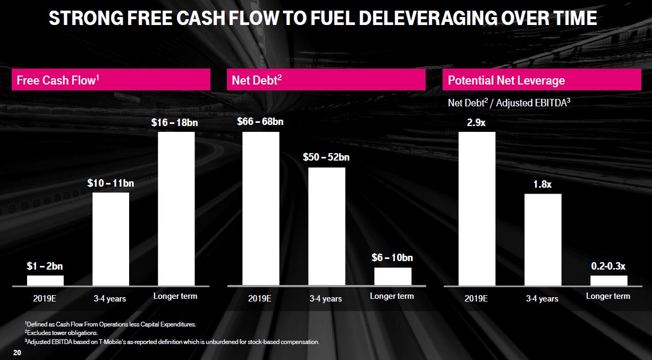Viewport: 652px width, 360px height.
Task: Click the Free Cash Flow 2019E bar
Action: pos(45,280)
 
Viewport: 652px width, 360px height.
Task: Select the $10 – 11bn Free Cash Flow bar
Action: pos(111,239)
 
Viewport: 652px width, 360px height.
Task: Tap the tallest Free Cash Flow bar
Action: pos(176,208)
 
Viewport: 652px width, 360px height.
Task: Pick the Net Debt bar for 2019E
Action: pos(260,208)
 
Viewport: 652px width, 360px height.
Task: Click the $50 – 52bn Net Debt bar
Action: pos(326,227)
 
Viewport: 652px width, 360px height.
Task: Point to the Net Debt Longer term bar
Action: pos(392,276)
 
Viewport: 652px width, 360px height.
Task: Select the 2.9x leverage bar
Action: pos(477,208)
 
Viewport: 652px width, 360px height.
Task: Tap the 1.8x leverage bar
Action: pos(543,239)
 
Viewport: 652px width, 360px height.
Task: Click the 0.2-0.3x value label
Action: pos(609,265)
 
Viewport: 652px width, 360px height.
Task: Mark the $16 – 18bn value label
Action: pos(175,122)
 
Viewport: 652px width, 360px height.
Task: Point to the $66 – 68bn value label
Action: pos(260,122)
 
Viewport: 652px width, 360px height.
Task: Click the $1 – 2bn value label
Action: pos(45,266)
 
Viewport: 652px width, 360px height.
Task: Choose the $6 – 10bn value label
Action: pos(392,258)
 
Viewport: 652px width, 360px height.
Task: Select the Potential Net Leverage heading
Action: pos(506,80)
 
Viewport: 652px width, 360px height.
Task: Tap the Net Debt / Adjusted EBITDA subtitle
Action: pos(509,103)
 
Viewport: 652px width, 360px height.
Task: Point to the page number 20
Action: pos(17,353)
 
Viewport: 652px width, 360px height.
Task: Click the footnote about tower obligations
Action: pos(61,332)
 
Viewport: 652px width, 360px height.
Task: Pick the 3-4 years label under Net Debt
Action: pos(326,299)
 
